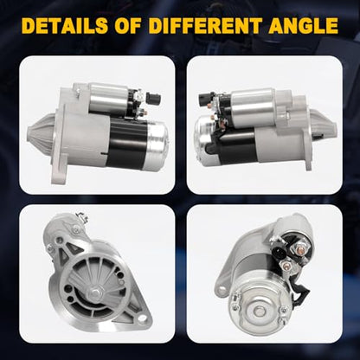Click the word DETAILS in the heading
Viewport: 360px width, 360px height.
65,25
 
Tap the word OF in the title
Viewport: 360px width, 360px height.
128,25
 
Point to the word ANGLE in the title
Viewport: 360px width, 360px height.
304,25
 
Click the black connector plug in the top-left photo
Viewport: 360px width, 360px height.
153,98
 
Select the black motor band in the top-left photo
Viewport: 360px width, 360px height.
127,142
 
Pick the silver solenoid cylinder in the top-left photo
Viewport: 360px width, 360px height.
109,98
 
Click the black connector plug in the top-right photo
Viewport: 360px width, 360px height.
205,100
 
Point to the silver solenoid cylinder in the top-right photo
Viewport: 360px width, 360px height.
254,107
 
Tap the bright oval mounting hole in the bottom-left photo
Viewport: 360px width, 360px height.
141,318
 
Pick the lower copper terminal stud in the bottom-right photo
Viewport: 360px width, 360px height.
286,265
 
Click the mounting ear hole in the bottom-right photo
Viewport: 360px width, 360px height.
222,288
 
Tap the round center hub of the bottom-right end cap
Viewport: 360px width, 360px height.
258,311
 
